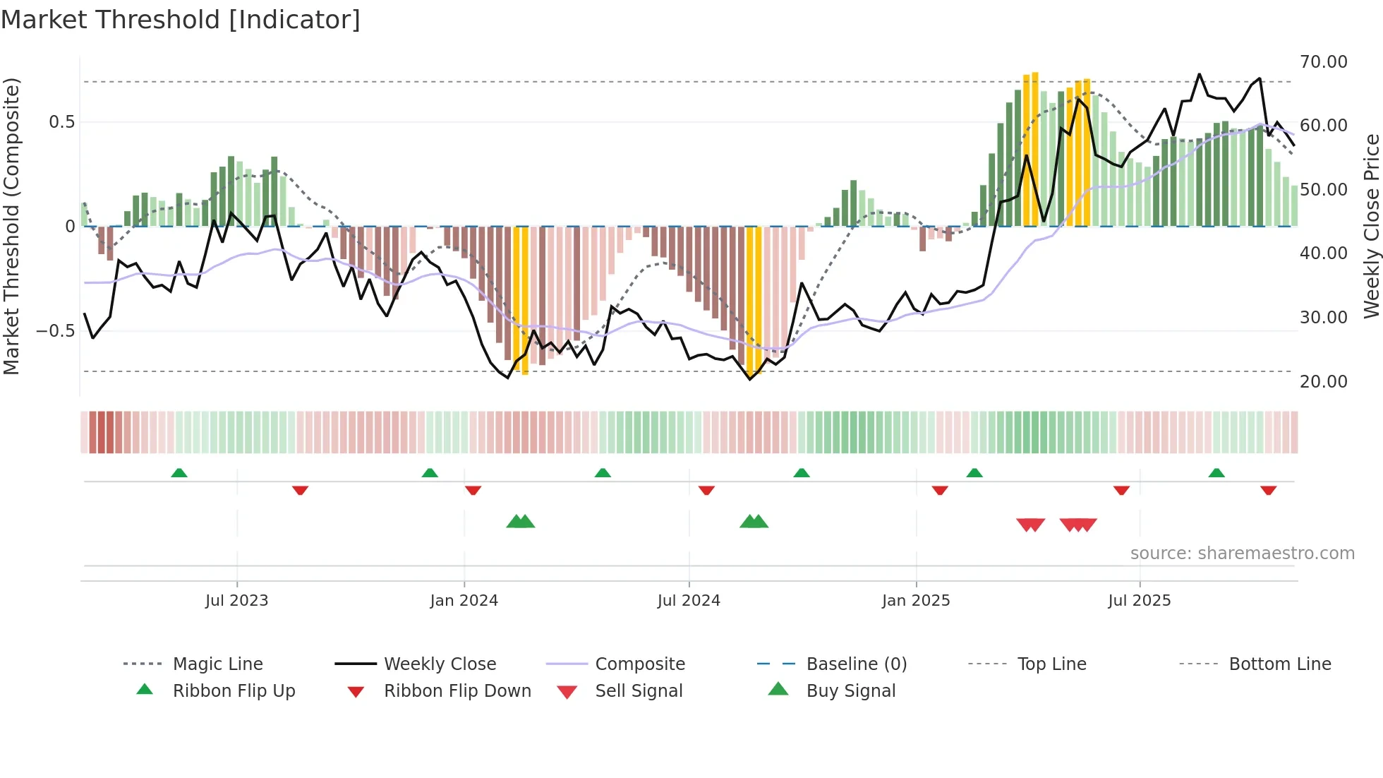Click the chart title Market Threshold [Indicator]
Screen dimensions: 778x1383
181,20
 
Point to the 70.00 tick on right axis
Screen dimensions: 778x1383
1323,62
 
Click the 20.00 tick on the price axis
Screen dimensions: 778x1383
1323,382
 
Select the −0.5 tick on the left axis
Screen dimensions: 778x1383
56,331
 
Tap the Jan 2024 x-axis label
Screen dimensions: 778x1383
464,601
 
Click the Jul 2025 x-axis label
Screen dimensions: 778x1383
1139,601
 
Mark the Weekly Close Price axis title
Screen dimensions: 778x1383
1371,226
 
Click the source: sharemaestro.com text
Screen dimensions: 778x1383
1242,553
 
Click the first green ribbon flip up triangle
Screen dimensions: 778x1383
179,473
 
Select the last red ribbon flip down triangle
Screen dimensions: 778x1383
1268,490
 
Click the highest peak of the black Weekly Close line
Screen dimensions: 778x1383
1199,74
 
